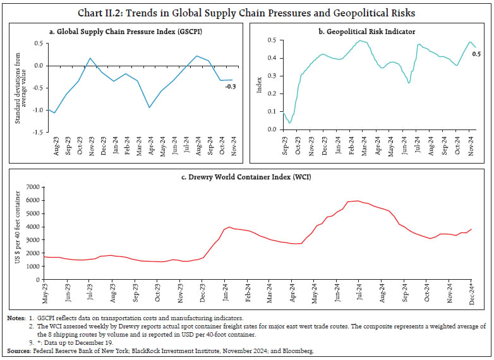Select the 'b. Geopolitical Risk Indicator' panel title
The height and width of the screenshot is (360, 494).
coord(369,30)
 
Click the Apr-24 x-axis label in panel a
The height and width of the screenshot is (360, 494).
coord(150,146)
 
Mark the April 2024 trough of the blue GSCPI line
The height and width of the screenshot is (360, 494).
coord(149,107)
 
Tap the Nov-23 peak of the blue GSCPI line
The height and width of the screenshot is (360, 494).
coord(90,58)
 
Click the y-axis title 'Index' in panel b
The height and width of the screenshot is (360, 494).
coord(260,85)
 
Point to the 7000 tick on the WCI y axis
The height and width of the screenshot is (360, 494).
coord(32,187)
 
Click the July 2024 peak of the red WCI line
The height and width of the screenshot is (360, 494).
coord(358,201)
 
